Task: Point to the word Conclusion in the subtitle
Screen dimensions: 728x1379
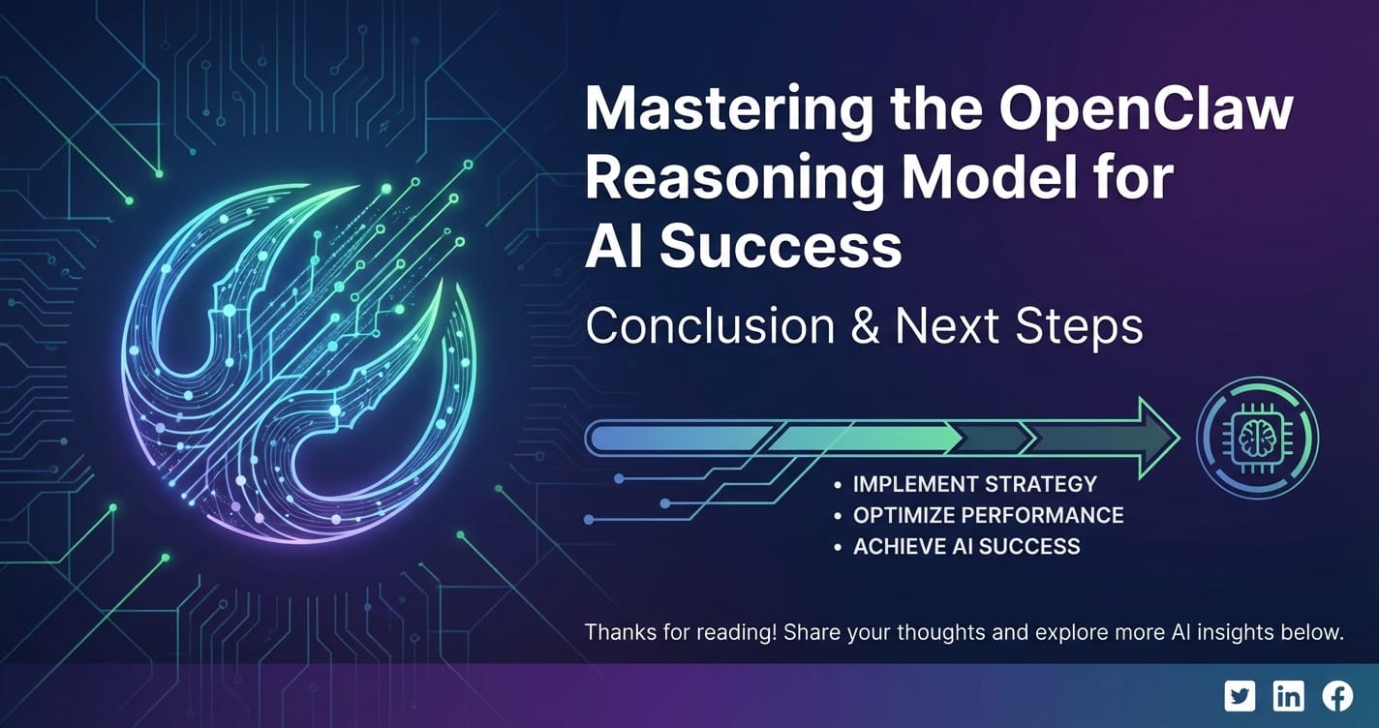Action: (710, 327)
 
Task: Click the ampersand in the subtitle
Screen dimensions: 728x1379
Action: (864, 327)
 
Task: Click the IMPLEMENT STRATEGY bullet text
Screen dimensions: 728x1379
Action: (974, 484)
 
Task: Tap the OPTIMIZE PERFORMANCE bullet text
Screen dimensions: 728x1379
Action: (988, 515)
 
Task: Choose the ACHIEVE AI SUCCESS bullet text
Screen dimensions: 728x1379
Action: (965, 546)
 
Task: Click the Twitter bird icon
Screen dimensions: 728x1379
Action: (1240, 695)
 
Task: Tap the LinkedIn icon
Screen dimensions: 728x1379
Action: (1289, 695)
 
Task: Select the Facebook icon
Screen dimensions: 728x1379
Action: (1337, 695)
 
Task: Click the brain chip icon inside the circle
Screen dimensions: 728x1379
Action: (1257, 439)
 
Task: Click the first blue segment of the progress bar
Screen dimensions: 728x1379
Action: (678, 439)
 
